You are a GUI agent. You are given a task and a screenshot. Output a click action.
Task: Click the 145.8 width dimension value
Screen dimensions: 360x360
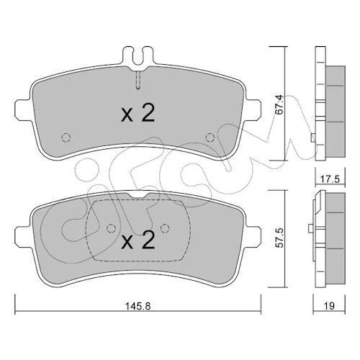click(138, 306)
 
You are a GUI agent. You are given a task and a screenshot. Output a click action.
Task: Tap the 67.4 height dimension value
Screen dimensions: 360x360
click(280, 104)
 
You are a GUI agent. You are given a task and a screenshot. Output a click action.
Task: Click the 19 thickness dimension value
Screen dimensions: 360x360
click(330, 306)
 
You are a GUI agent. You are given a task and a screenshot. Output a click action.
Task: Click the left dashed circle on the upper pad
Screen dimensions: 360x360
click(66, 138)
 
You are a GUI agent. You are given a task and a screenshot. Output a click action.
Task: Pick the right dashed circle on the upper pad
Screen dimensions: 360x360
click(210, 138)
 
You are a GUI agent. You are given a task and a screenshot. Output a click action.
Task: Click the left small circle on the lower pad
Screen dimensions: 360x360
click(111, 228)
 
